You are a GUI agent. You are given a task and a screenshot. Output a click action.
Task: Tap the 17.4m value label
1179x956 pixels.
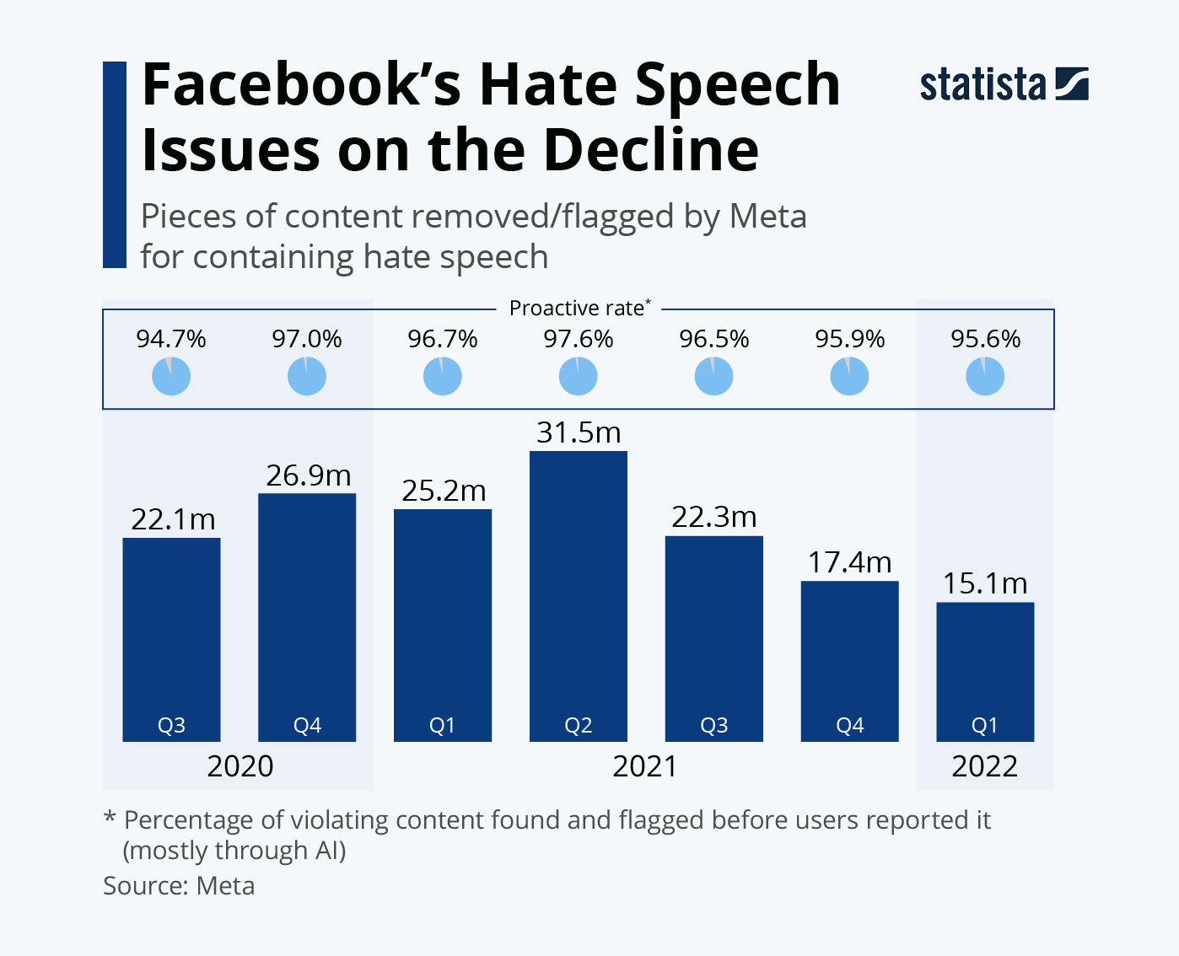[x=849, y=562]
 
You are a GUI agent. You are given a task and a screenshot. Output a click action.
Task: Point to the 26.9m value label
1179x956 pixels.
[x=308, y=475]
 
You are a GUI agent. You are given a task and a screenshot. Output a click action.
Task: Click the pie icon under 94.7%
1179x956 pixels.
[x=171, y=376]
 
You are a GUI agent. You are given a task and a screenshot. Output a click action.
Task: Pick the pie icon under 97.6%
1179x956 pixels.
[x=578, y=376]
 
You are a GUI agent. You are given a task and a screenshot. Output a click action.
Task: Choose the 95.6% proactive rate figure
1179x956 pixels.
[x=985, y=339]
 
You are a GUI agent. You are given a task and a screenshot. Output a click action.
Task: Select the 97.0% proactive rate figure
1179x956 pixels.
[x=307, y=339]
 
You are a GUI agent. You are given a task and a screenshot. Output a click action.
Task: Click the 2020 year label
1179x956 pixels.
[x=240, y=766]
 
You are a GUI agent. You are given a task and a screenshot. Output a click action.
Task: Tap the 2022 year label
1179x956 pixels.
[x=985, y=766]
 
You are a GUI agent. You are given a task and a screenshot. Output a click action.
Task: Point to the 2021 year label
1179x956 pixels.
[x=644, y=766]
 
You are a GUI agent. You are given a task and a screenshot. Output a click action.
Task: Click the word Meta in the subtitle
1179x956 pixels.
[x=767, y=217]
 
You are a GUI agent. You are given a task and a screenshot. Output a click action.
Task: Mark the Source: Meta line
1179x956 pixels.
[x=179, y=886]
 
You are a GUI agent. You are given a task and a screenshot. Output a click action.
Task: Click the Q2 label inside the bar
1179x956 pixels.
[x=578, y=725]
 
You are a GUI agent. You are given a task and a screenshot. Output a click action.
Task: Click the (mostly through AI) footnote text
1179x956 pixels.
[x=234, y=851]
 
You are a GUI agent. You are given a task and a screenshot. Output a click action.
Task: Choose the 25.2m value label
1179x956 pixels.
[x=444, y=491]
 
